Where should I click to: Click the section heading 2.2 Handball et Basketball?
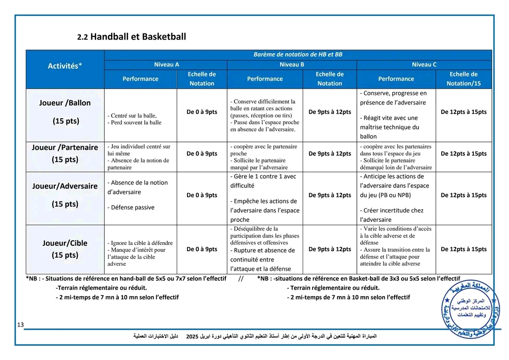click(x=131, y=37)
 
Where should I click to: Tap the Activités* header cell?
click(x=65, y=66)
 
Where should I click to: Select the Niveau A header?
click(x=166, y=65)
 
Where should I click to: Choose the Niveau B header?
click(x=292, y=65)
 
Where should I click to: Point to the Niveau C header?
click(x=424, y=65)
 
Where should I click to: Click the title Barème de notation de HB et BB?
click(x=298, y=55)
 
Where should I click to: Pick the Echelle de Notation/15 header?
click(x=463, y=79)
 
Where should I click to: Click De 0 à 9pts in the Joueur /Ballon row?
click(x=202, y=112)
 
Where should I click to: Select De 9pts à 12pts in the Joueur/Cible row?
click(x=329, y=249)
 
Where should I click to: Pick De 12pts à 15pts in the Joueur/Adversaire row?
click(x=463, y=195)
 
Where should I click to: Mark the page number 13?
click(x=20, y=325)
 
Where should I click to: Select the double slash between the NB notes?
click(x=241, y=278)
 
